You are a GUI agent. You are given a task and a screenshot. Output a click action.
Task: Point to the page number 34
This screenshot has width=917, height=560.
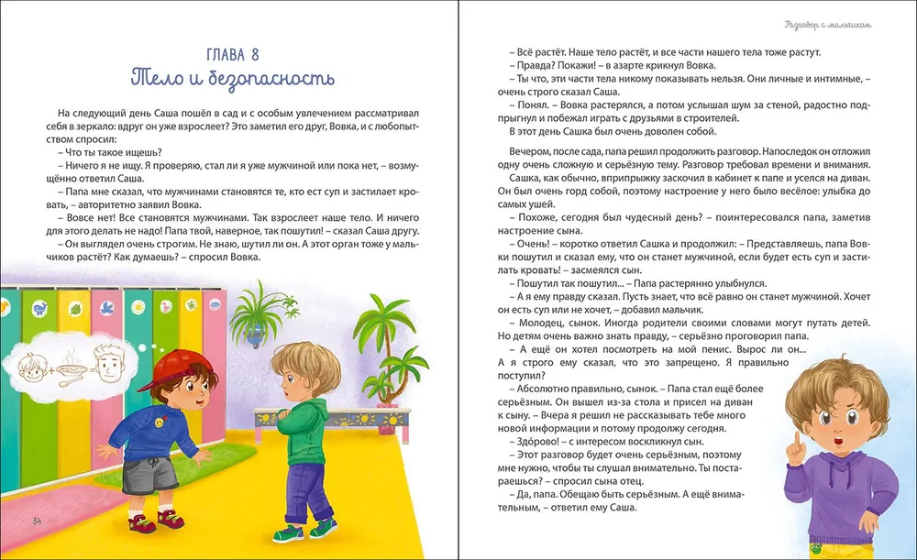(38, 522)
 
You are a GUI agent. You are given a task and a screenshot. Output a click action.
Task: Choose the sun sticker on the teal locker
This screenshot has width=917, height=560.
(135, 308)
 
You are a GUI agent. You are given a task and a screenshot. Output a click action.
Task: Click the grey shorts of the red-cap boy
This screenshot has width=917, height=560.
(160, 474)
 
